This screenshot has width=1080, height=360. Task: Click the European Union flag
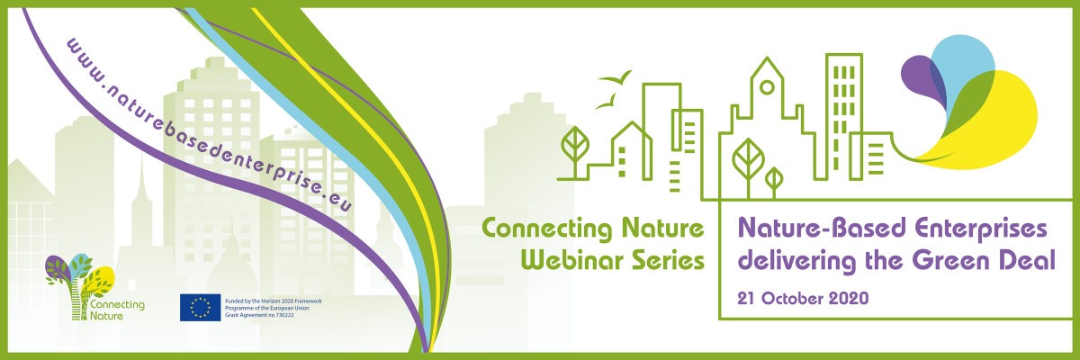pos(200,308)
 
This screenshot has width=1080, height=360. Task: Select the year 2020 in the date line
pos(849,298)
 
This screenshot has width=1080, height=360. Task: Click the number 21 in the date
pos(746,298)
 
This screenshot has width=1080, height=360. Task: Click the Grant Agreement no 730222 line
pos(259,315)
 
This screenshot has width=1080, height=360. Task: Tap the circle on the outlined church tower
pos(767,87)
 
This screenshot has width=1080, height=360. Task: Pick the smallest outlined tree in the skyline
pos(774,182)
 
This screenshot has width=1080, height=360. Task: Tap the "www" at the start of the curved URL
pos(82,58)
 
